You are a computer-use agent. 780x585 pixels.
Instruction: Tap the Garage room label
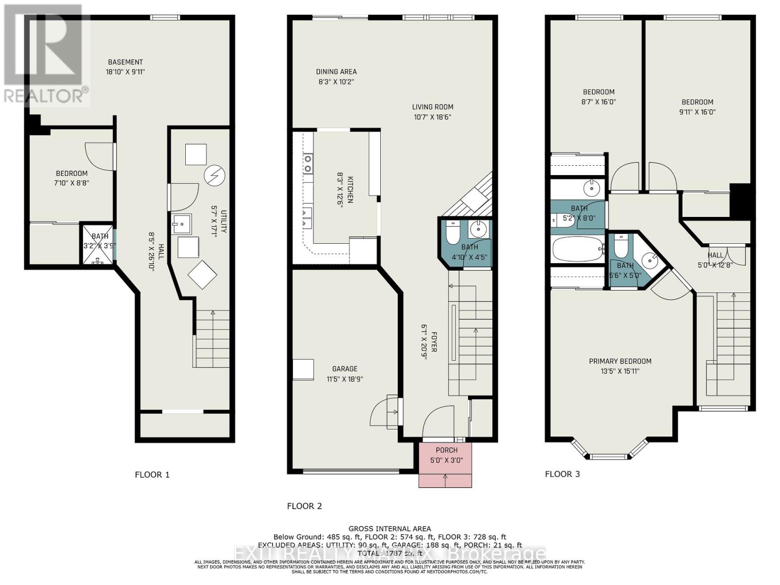click(345, 369)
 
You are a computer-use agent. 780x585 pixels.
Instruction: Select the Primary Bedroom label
click(620, 361)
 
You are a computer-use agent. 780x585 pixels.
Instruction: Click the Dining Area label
click(336, 72)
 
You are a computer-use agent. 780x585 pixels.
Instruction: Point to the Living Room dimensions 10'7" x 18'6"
click(432, 117)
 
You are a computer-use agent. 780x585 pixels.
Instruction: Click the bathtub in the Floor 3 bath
click(578, 249)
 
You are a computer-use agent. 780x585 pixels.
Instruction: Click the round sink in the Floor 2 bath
click(478, 229)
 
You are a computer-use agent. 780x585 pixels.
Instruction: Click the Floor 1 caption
click(152, 474)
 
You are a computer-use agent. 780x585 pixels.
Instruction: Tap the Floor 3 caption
click(562, 474)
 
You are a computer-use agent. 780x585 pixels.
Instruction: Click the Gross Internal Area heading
click(390, 528)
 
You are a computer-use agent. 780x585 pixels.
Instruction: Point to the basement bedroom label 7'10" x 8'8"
click(72, 183)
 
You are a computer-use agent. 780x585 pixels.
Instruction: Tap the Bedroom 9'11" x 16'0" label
click(697, 112)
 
